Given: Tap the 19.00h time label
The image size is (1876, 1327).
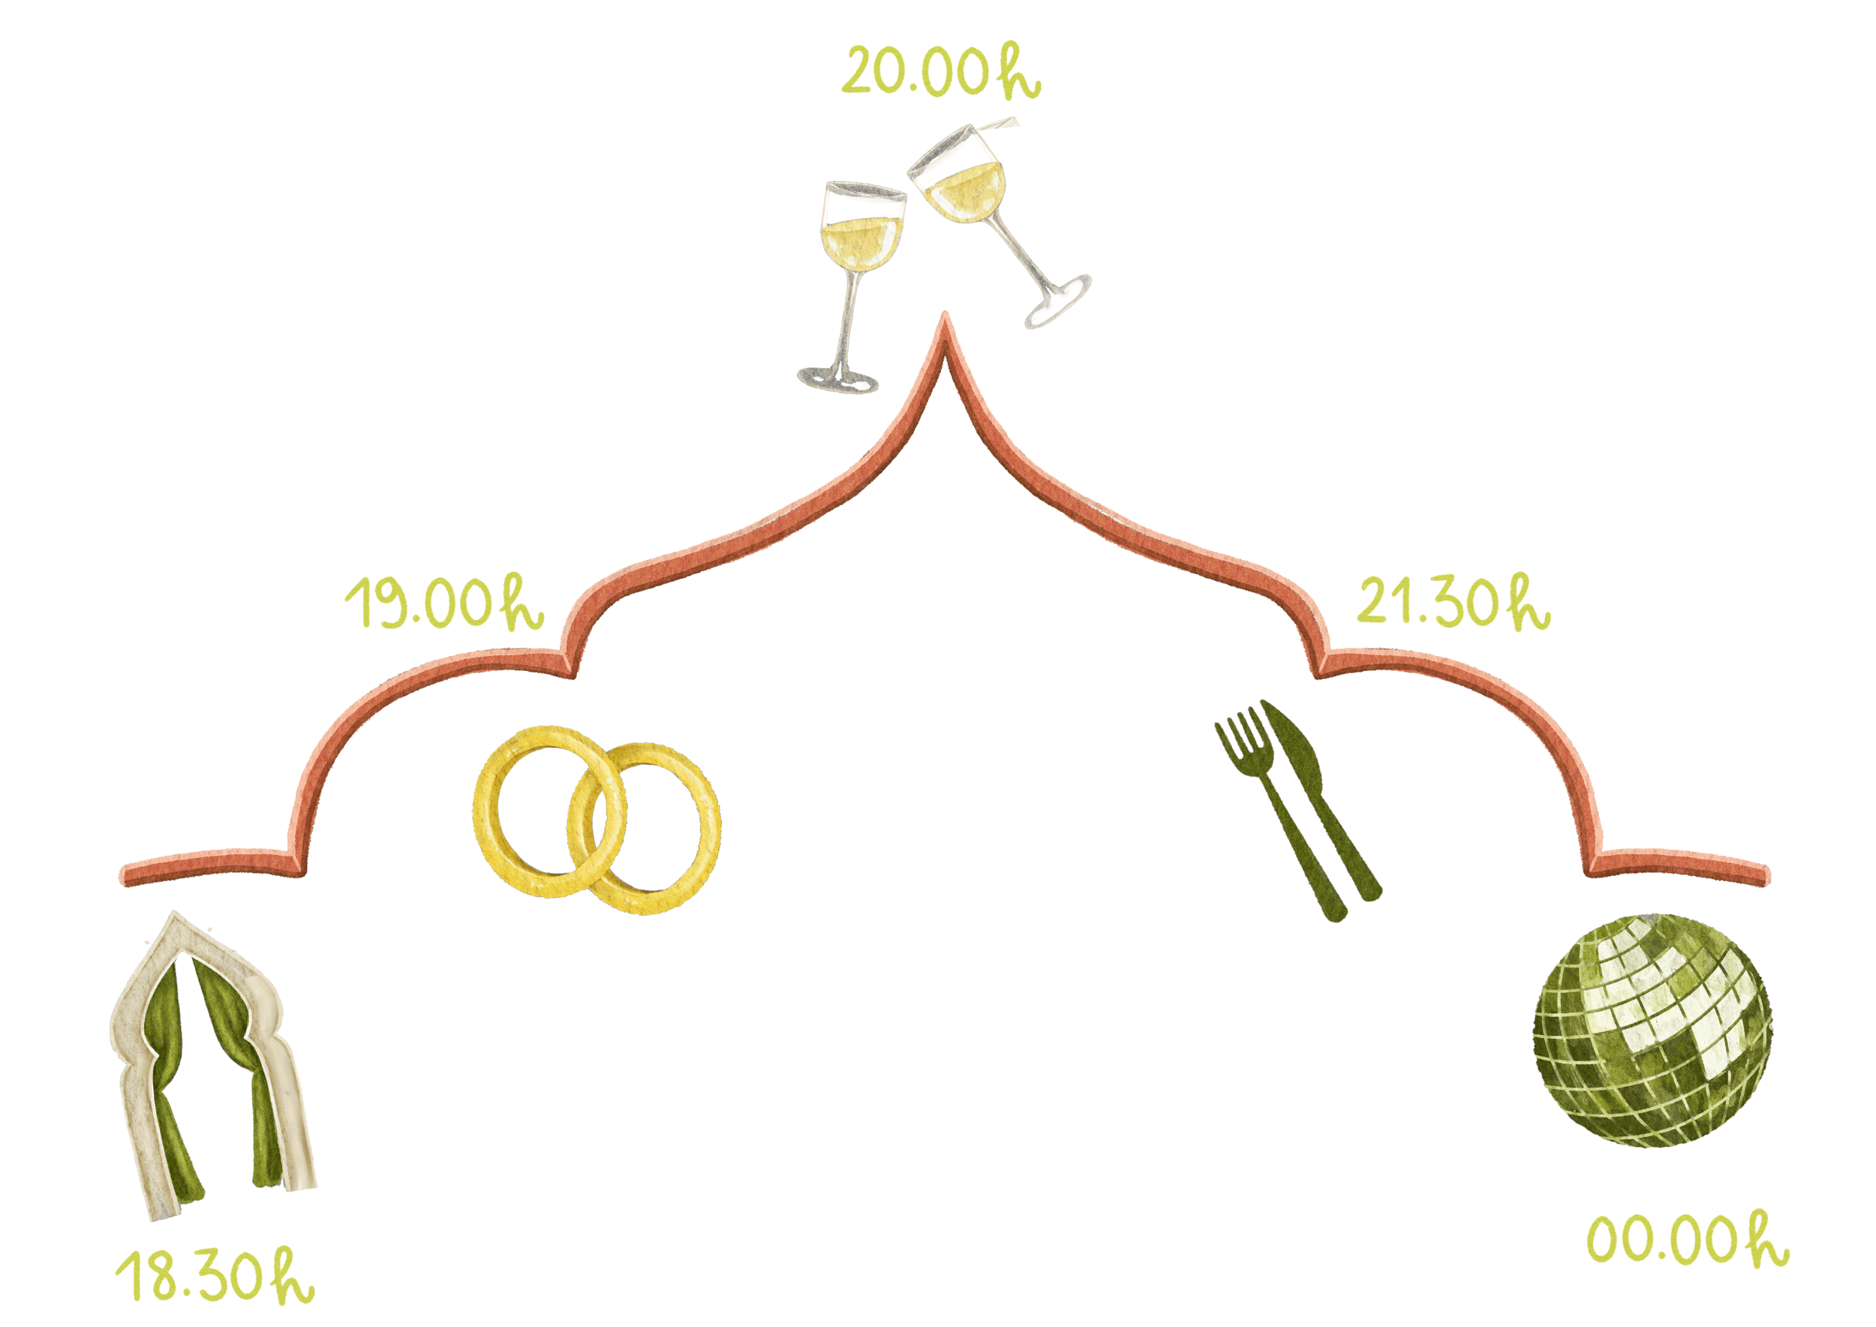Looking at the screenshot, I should click(x=443, y=605).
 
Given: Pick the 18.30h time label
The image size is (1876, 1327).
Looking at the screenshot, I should click(x=215, y=1277).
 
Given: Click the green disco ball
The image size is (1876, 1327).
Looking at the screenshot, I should click(x=1652, y=1031).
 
